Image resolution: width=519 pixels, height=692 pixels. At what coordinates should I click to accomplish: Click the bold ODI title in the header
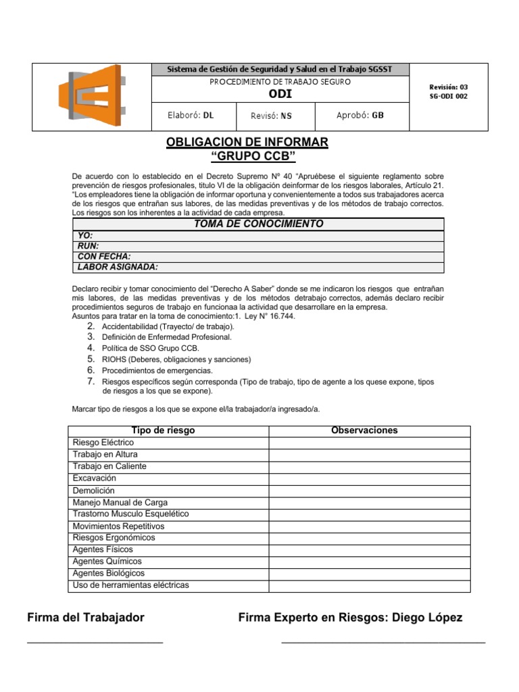[280, 94]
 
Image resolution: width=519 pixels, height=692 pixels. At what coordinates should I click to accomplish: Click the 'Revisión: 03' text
[448, 87]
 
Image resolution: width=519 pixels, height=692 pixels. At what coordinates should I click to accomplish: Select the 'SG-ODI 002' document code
[448, 97]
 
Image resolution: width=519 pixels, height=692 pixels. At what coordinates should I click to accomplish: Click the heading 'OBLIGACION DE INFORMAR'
[247, 142]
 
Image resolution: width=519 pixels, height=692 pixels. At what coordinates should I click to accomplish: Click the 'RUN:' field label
[89, 246]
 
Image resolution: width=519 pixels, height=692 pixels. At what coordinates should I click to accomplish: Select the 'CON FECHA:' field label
[104, 257]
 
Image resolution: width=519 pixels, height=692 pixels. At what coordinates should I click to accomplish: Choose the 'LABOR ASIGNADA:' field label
[118, 267]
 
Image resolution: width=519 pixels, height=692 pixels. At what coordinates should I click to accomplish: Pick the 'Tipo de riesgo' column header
[163, 430]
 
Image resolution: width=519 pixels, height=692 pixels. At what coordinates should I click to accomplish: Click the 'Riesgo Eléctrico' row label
[103, 443]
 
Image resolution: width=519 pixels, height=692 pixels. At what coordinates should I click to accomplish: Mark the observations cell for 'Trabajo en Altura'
[369, 455]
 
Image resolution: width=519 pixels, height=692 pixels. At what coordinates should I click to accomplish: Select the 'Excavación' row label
[94, 478]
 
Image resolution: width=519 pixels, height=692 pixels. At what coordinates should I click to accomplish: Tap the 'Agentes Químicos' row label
[107, 562]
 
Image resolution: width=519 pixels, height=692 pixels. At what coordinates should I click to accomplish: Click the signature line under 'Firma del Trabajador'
[95, 641]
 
